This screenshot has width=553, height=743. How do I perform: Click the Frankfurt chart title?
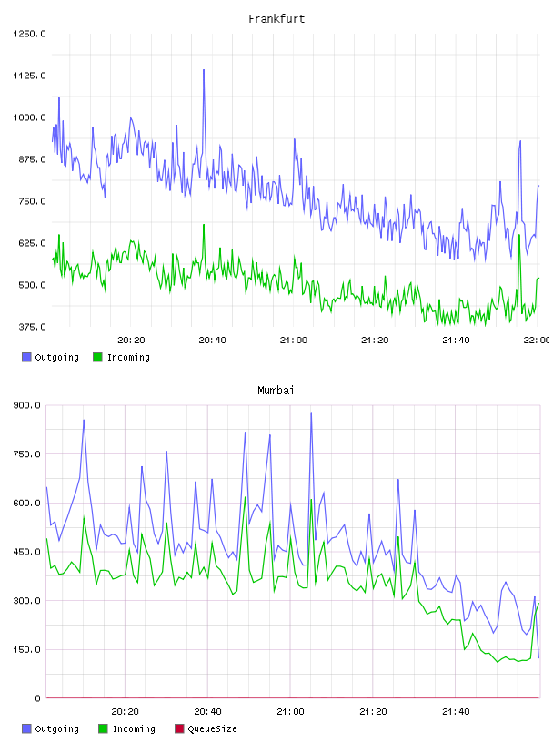point(276,19)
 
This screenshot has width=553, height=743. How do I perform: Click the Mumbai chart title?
point(276,391)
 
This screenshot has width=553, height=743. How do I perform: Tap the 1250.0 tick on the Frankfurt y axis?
point(29,34)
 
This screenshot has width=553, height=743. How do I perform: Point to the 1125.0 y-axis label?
point(29,76)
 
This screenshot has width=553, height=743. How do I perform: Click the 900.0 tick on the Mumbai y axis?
point(26,405)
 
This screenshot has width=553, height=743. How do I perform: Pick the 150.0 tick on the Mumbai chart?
point(26,649)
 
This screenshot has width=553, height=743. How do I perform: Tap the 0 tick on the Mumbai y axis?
point(37,698)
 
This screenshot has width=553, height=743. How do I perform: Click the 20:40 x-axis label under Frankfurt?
point(212,341)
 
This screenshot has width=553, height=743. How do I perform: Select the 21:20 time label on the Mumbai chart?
point(373,712)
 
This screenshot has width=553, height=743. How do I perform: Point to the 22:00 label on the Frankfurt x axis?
point(537,341)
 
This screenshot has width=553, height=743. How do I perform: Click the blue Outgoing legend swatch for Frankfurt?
point(26,357)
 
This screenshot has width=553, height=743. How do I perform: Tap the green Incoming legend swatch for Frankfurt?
point(97,357)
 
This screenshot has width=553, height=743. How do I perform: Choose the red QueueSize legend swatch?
point(179,728)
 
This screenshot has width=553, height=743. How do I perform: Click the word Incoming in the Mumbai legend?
point(134,729)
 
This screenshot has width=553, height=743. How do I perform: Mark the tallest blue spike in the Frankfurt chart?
point(204,70)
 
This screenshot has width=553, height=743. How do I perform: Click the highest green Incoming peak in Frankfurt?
point(204,225)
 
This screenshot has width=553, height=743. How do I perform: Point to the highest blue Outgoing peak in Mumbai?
point(311,413)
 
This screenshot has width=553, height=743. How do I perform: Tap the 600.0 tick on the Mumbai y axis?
point(26,504)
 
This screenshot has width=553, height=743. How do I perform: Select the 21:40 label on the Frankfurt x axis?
point(456,341)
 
